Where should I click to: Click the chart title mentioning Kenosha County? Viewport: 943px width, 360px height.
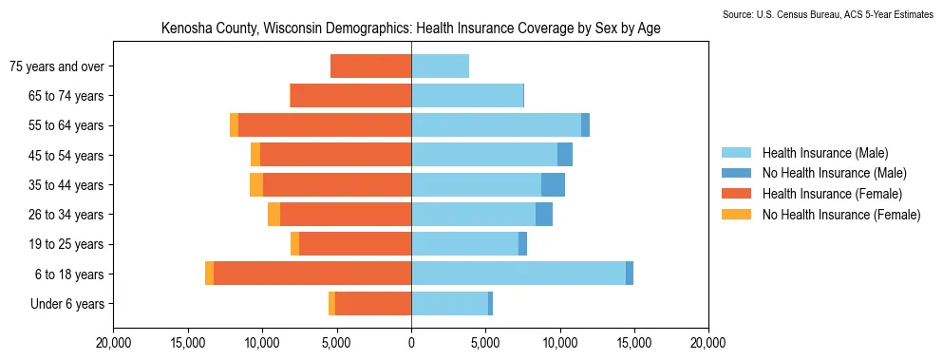[x=411, y=28]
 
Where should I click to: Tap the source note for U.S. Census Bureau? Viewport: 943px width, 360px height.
[x=832, y=14]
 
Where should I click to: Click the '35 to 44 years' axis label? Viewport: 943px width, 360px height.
[x=66, y=185]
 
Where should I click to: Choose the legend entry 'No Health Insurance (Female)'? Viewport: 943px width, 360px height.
[x=820, y=215]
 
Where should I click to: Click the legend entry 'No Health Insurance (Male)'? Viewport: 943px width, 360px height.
[x=813, y=173]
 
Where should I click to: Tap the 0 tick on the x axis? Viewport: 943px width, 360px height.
[x=411, y=344]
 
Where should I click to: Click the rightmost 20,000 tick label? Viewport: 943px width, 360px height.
[x=708, y=344]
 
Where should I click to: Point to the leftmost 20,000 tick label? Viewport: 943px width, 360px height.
[x=113, y=344]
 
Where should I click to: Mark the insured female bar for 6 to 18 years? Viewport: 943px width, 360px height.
[x=312, y=274]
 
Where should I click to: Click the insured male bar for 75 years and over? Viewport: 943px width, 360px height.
[x=441, y=66]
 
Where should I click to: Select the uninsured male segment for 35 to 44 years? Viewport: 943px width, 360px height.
[x=553, y=185]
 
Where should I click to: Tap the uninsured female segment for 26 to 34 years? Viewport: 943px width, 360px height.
[x=274, y=215]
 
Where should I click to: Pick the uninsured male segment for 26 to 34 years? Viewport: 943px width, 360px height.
[x=544, y=215]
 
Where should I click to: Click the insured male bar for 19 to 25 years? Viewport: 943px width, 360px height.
[x=465, y=244]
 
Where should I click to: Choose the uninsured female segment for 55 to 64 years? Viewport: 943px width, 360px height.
[x=234, y=125]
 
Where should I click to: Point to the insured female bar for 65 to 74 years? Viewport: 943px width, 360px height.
[x=351, y=96]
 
